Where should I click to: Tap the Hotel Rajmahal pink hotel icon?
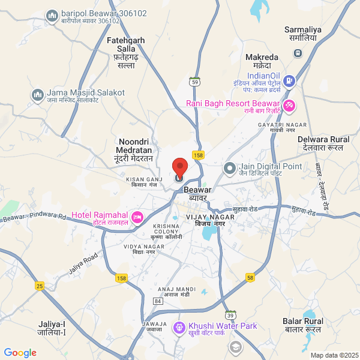pos(137,216)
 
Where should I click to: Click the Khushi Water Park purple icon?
pos(178,328)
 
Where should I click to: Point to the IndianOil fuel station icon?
pos(289,80)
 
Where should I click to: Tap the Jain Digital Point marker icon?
pos(228,168)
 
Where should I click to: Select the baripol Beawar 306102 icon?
pos(52,15)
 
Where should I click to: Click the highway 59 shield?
pos(195,81)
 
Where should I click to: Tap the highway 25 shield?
pos(40,286)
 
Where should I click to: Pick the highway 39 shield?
pos(231,314)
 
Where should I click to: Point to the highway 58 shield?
pos(250,277)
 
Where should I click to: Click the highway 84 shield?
pos(158,300)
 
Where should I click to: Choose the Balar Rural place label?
pos(303,325)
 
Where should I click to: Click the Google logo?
pos(20,353)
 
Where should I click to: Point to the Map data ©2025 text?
pos(334,355)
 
